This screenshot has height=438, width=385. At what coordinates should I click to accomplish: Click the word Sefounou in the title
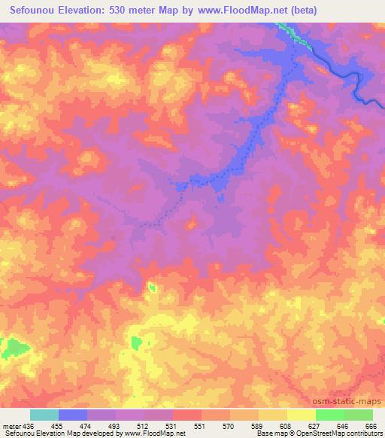pyautogui.click(x=37, y=10)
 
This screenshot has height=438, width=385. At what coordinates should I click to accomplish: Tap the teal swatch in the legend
pyautogui.click(x=44, y=415)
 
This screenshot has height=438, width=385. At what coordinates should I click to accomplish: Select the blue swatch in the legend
pyautogui.click(x=73, y=415)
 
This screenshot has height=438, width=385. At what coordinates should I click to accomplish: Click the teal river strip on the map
pyautogui.click(x=294, y=34)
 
